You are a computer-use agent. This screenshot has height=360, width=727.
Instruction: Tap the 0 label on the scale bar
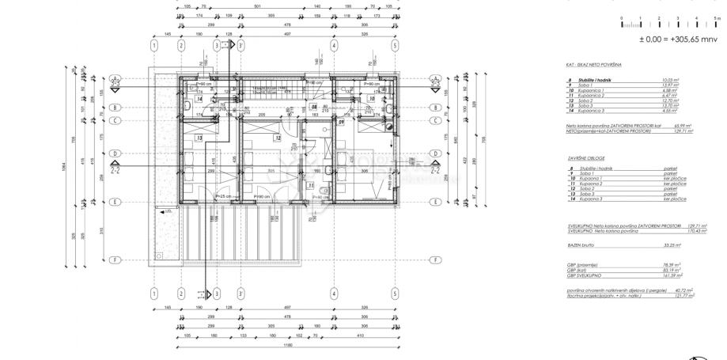pos(622,17)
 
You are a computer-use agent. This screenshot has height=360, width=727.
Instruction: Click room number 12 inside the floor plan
pos(278,138)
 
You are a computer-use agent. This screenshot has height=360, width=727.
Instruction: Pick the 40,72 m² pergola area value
pos(684,290)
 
